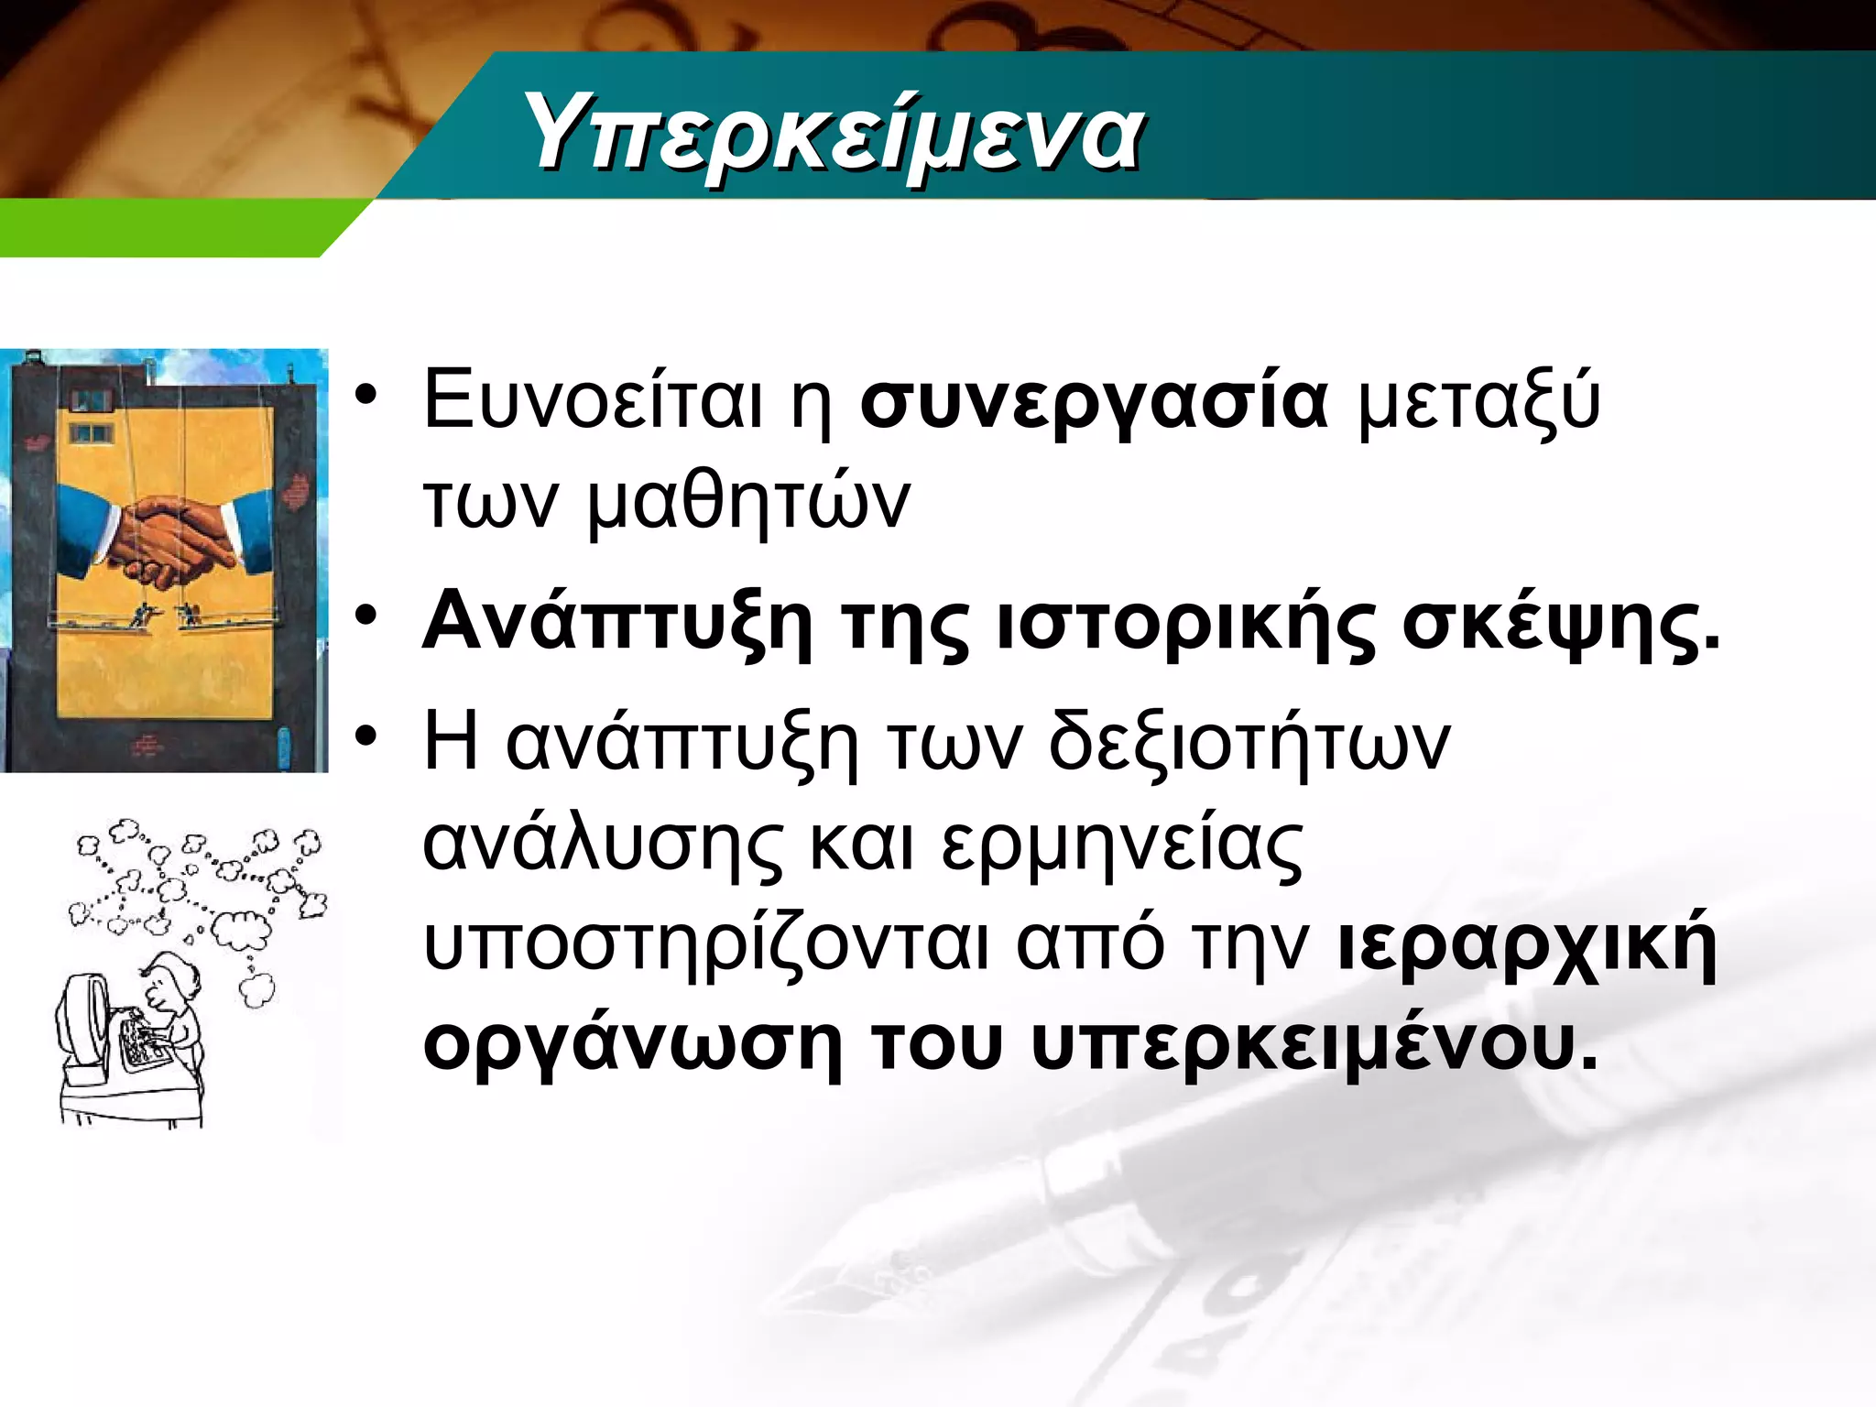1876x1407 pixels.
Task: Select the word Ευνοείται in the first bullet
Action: pos(593,401)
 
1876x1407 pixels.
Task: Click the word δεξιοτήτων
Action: pos(1249,742)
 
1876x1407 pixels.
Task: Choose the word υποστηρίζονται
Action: pos(706,945)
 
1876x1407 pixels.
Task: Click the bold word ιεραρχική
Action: pos(1527,945)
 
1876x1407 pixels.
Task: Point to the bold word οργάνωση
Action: pos(632,1046)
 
